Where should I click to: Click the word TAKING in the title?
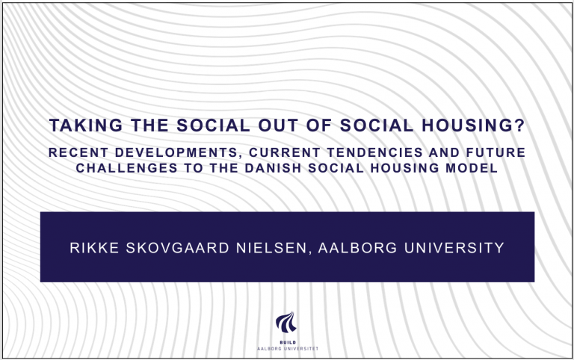click(x=86, y=125)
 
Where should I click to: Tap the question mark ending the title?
click(x=520, y=125)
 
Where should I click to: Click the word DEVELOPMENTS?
click(x=179, y=153)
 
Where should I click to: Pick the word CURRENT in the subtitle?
click(x=285, y=152)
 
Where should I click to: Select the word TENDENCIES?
click(x=374, y=152)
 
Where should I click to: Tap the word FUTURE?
click(x=496, y=152)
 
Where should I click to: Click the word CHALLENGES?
click(x=126, y=168)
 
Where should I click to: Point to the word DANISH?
click(x=273, y=168)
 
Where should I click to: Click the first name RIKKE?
click(x=94, y=248)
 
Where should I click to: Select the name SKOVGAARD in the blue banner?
click(x=178, y=248)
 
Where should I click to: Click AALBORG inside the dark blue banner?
click(x=358, y=248)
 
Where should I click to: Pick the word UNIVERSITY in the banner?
click(x=454, y=248)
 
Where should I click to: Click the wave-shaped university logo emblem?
click(x=287, y=322)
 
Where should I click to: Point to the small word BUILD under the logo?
click(x=288, y=342)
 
